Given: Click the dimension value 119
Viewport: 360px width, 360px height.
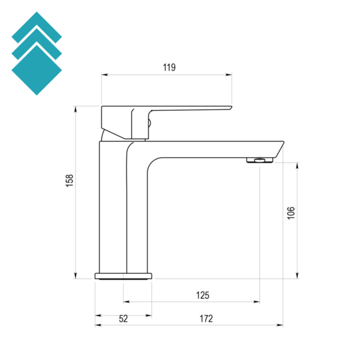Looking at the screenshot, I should [169, 67].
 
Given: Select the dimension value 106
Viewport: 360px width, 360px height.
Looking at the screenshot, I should [291, 212].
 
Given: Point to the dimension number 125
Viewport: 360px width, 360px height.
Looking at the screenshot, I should [203, 295].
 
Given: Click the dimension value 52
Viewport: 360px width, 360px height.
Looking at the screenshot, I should [123, 319].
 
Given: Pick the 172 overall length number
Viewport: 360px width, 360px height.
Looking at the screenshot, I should [206, 319].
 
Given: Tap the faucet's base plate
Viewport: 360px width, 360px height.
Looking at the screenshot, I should [123, 276].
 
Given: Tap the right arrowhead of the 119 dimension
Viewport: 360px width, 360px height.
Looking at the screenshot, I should [230, 75].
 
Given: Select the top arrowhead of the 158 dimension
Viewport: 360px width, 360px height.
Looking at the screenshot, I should [76, 109].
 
